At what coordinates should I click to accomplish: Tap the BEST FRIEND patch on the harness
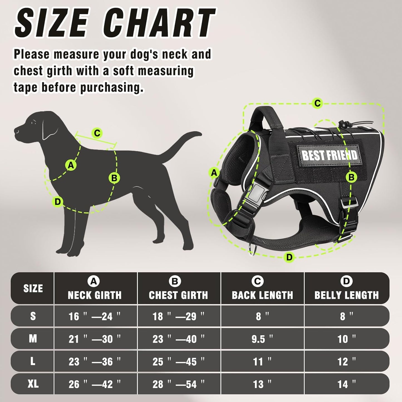point(329,155)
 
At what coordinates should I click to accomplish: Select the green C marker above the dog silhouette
point(97,133)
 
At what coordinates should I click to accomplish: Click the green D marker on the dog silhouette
point(58,201)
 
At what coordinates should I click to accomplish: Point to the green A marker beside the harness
point(214,173)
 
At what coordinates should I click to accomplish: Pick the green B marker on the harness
point(351,177)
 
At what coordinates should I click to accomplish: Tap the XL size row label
point(33,384)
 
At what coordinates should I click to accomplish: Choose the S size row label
point(33,316)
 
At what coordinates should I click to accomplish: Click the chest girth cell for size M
point(178,339)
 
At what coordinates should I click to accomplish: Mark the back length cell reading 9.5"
point(262,339)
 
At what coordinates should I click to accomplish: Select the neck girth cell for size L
point(95,361)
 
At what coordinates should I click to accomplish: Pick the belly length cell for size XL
point(346,384)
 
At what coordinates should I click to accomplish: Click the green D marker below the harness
point(289,257)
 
